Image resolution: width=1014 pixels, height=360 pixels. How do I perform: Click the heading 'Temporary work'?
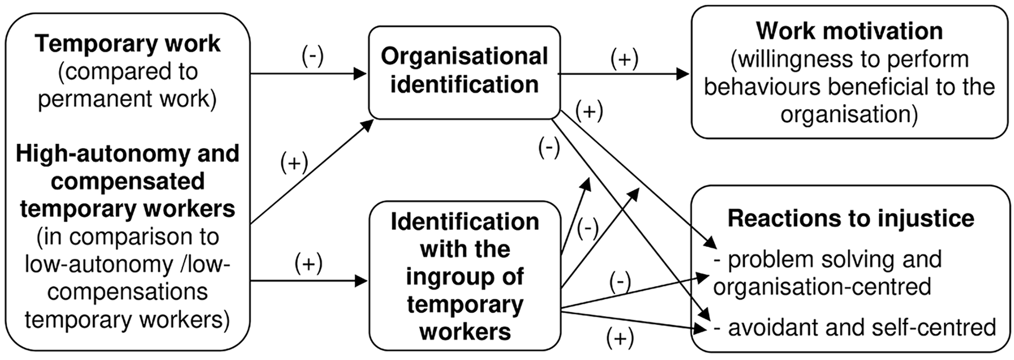[128, 44]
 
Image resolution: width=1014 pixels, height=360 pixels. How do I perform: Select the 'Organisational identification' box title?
[465, 70]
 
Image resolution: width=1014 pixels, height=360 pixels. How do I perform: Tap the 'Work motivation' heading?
[849, 31]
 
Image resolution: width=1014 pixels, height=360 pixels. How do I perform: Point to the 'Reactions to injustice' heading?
[851, 218]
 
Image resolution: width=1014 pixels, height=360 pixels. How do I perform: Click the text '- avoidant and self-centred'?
[855, 327]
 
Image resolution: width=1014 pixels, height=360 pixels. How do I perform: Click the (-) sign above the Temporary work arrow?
[313, 56]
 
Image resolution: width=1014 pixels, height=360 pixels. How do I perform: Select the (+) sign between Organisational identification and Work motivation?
[624, 59]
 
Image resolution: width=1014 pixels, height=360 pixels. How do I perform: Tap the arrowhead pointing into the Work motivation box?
[683, 74]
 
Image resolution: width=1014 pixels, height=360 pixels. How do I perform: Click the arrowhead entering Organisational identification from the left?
[360, 74]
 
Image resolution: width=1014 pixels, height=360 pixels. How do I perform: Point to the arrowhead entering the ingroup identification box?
[360, 281]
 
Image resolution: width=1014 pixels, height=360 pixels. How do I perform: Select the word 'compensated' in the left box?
[128, 181]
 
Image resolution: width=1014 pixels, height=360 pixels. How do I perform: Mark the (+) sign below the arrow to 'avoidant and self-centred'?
[620, 339]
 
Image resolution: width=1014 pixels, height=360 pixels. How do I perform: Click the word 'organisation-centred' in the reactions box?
[822, 286]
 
